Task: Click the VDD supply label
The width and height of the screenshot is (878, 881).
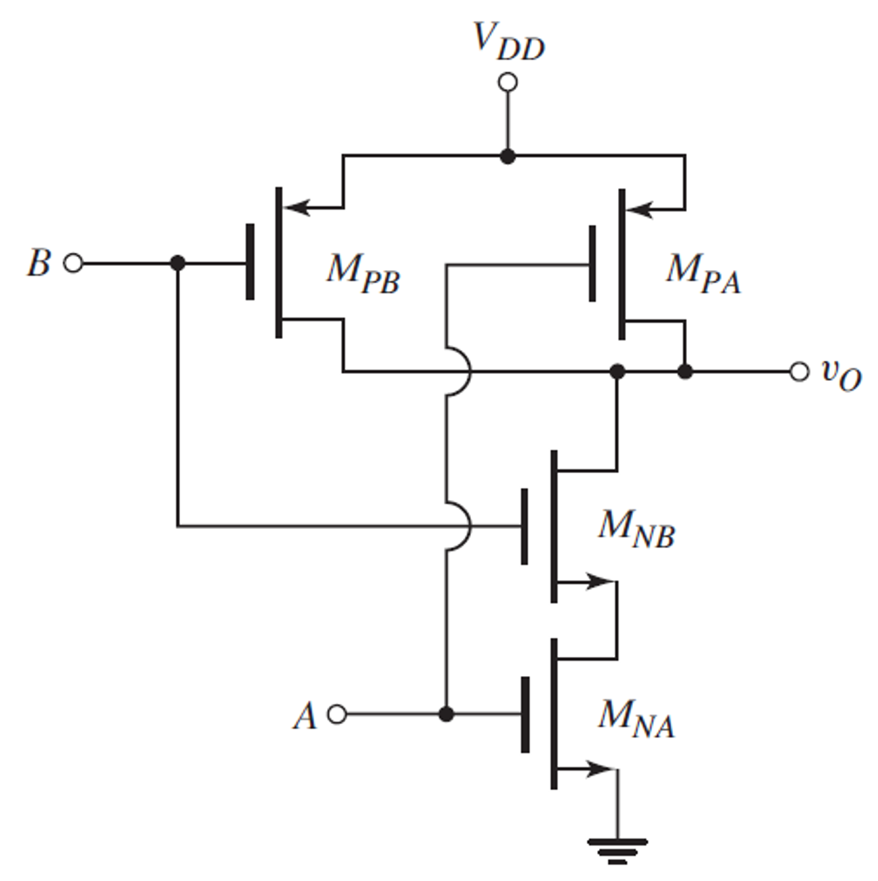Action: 509,42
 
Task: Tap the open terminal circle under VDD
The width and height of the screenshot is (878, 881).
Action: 508,83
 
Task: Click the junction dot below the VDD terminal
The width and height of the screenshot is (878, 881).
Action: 508,156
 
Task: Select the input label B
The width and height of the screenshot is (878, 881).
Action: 38,263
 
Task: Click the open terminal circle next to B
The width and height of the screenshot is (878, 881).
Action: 74,263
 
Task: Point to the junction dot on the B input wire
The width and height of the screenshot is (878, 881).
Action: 177,263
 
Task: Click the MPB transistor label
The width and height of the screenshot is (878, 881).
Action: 362,272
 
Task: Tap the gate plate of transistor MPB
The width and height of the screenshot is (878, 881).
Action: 250,262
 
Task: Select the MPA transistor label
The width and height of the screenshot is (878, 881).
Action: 703,272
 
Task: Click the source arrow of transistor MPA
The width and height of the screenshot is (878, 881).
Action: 640,210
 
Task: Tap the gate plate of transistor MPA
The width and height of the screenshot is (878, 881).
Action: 592,263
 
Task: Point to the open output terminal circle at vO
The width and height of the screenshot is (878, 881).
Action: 799,372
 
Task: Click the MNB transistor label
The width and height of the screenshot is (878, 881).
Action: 636,528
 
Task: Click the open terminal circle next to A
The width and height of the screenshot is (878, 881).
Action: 337,714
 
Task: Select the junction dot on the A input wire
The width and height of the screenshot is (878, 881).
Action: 447,714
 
